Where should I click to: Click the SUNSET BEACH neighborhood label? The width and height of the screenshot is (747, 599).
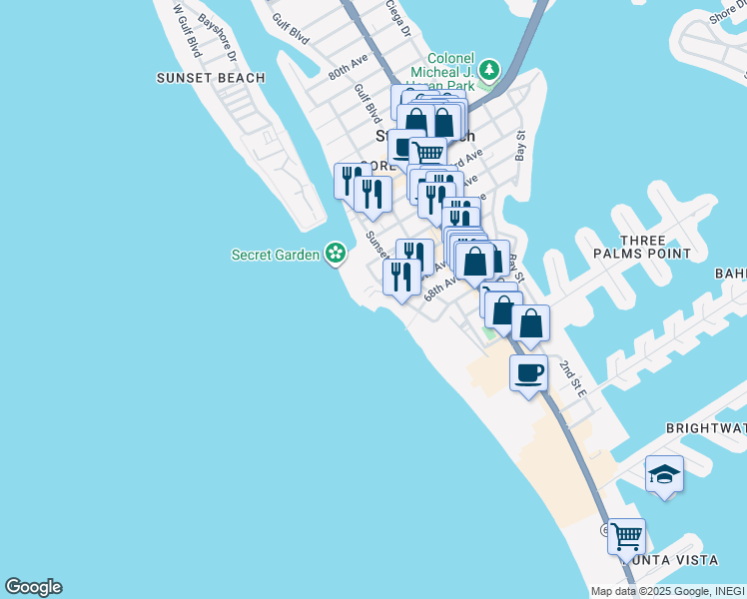[211, 78]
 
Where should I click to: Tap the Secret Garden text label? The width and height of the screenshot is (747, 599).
[275, 255]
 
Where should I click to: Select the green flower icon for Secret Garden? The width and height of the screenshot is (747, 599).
[337, 254]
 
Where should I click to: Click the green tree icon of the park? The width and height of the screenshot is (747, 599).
[488, 69]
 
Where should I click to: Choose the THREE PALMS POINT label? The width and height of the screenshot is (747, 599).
[655, 247]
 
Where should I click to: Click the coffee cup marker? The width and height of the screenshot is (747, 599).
[529, 374]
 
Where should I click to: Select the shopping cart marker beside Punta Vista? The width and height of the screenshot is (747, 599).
[626, 537]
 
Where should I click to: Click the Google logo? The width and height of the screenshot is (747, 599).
[33, 587]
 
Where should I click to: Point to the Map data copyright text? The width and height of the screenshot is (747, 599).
[667, 591]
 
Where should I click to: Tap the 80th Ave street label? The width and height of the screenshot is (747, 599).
[349, 68]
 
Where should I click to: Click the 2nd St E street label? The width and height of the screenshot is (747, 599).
[572, 377]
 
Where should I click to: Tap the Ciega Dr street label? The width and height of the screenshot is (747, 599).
[398, 18]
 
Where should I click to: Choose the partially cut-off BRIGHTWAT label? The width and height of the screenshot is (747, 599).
[706, 428]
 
